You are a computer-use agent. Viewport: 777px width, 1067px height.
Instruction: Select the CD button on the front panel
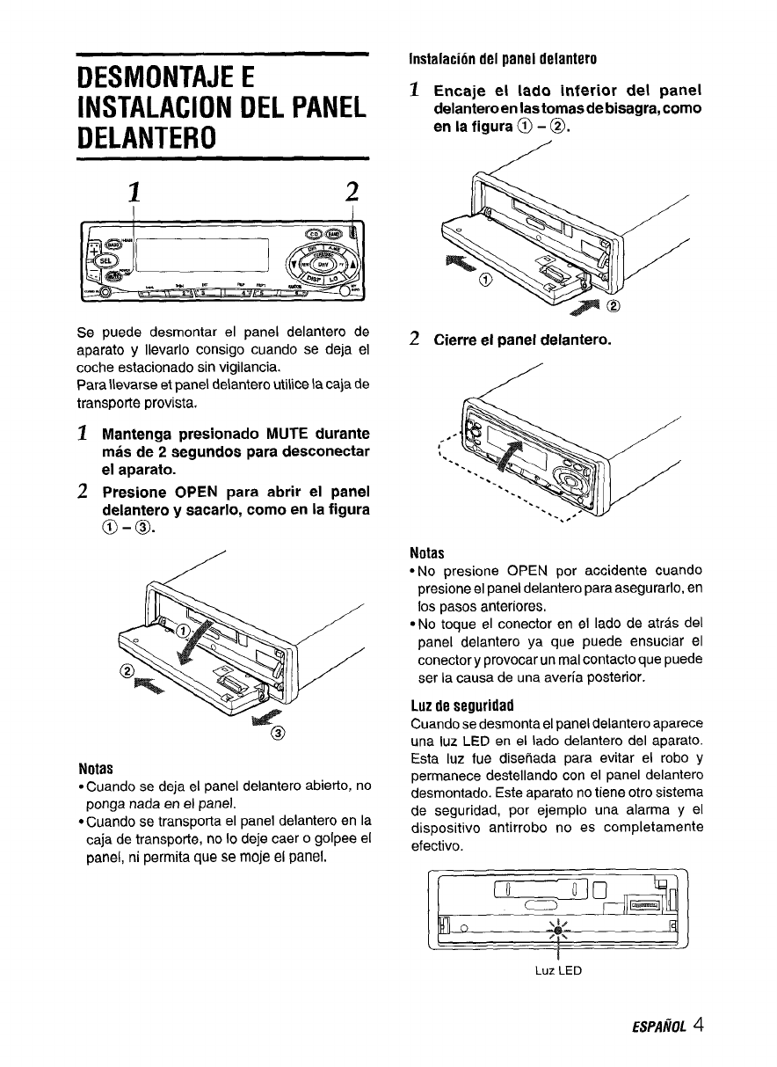pos(313,233)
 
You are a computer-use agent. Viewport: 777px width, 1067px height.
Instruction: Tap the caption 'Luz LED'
pos(557,971)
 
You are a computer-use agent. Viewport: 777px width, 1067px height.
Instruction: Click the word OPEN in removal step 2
pos(192,488)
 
